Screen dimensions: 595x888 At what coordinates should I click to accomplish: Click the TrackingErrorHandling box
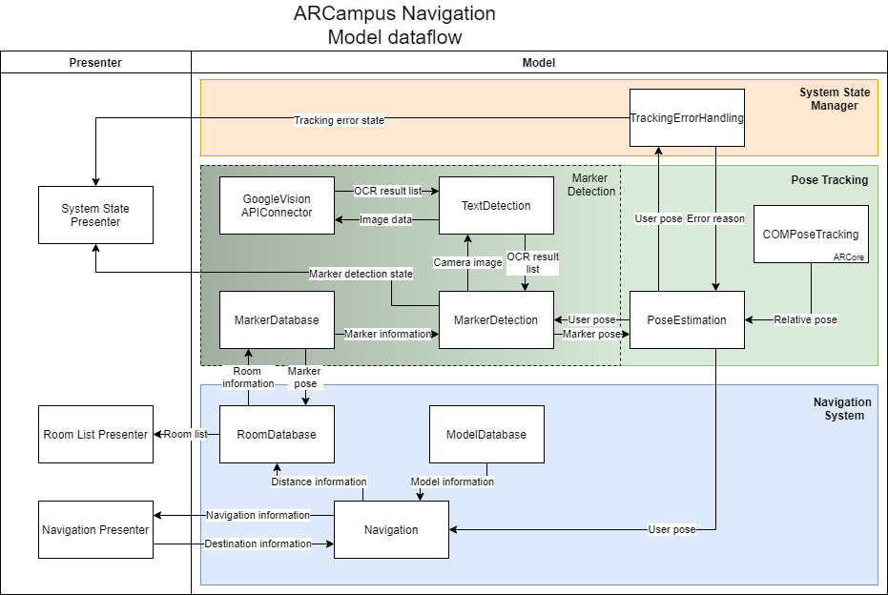click(x=687, y=118)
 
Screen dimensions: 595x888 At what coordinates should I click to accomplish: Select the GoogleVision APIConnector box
click(x=277, y=206)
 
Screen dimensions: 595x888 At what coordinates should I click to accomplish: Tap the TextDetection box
click(x=496, y=206)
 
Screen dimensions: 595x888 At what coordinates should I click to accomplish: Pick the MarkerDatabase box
click(x=277, y=320)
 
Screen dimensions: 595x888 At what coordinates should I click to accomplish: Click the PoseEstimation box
click(x=687, y=320)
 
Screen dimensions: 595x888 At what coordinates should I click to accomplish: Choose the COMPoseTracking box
click(x=811, y=234)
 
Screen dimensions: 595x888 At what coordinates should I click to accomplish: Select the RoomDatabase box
click(x=277, y=435)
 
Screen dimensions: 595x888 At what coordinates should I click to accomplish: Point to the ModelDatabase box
click(x=486, y=435)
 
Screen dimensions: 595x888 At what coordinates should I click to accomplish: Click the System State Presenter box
click(x=95, y=215)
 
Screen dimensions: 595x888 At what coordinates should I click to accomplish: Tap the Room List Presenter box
click(x=95, y=435)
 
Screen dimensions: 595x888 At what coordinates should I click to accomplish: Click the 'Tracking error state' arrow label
click(x=339, y=120)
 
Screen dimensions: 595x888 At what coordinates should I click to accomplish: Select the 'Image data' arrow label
click(x=385, y=219)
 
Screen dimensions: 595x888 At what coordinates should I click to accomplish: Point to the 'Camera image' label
click(x=467, y=262)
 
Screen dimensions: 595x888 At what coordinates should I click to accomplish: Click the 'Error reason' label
click(x=715, y=218)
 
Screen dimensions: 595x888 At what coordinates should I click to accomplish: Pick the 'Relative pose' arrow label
click(x=805, y=319)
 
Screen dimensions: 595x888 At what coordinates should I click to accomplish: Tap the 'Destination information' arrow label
click(x=258, y=544)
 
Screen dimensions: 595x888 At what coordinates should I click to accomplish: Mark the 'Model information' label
click(x=452, y=482)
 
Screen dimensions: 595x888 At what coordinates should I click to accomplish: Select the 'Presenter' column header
click(x=95, y=63)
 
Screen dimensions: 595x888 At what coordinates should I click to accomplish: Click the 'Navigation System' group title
click(x=841, y=409)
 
